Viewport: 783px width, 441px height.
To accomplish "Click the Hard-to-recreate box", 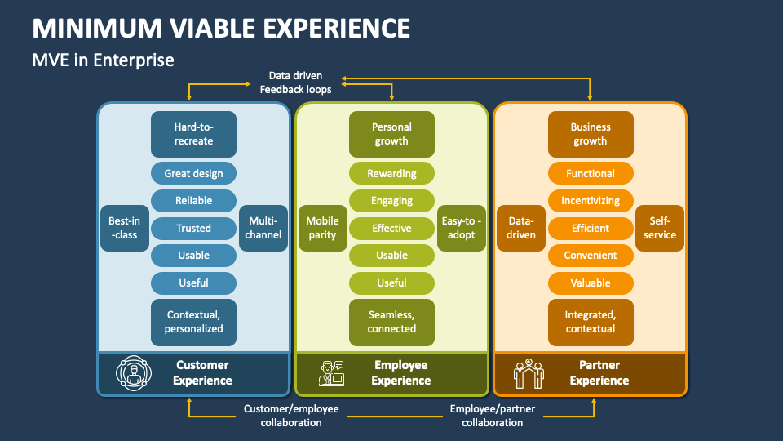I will (x=193, y=134).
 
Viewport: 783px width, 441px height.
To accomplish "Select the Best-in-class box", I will (x=124, y=228).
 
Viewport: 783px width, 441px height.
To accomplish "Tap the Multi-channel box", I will (x=263, y=228).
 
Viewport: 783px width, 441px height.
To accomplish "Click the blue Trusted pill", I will (x=193, y=228).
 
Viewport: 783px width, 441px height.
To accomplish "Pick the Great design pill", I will (x=193, y=173).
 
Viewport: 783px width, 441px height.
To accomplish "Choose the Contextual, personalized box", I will (x=193, y=322).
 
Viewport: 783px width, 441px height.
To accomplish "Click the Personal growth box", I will (x=391, y=134).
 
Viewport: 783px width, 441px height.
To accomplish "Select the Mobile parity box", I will (x=322, y=228).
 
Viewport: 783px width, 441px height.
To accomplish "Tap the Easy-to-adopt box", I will (x=462, y=228).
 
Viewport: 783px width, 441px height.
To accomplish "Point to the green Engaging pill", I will (x=391, y=201).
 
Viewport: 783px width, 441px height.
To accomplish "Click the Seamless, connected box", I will (x=391, y=322).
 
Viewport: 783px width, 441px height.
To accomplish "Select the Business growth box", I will (x=590, y=134).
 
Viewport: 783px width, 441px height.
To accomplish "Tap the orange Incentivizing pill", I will (x=590, y=201).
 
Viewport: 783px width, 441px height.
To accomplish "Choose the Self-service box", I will (x=660, y=228).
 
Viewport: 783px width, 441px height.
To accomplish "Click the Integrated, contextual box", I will (x=590, y=322).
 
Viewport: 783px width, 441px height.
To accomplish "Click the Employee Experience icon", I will (x=330, y=373).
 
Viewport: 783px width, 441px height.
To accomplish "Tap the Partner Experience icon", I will (x=529, y=373).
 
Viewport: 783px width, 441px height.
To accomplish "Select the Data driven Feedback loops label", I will (x=295, y=82).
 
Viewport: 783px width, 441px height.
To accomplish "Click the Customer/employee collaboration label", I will (x=291, y=416).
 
